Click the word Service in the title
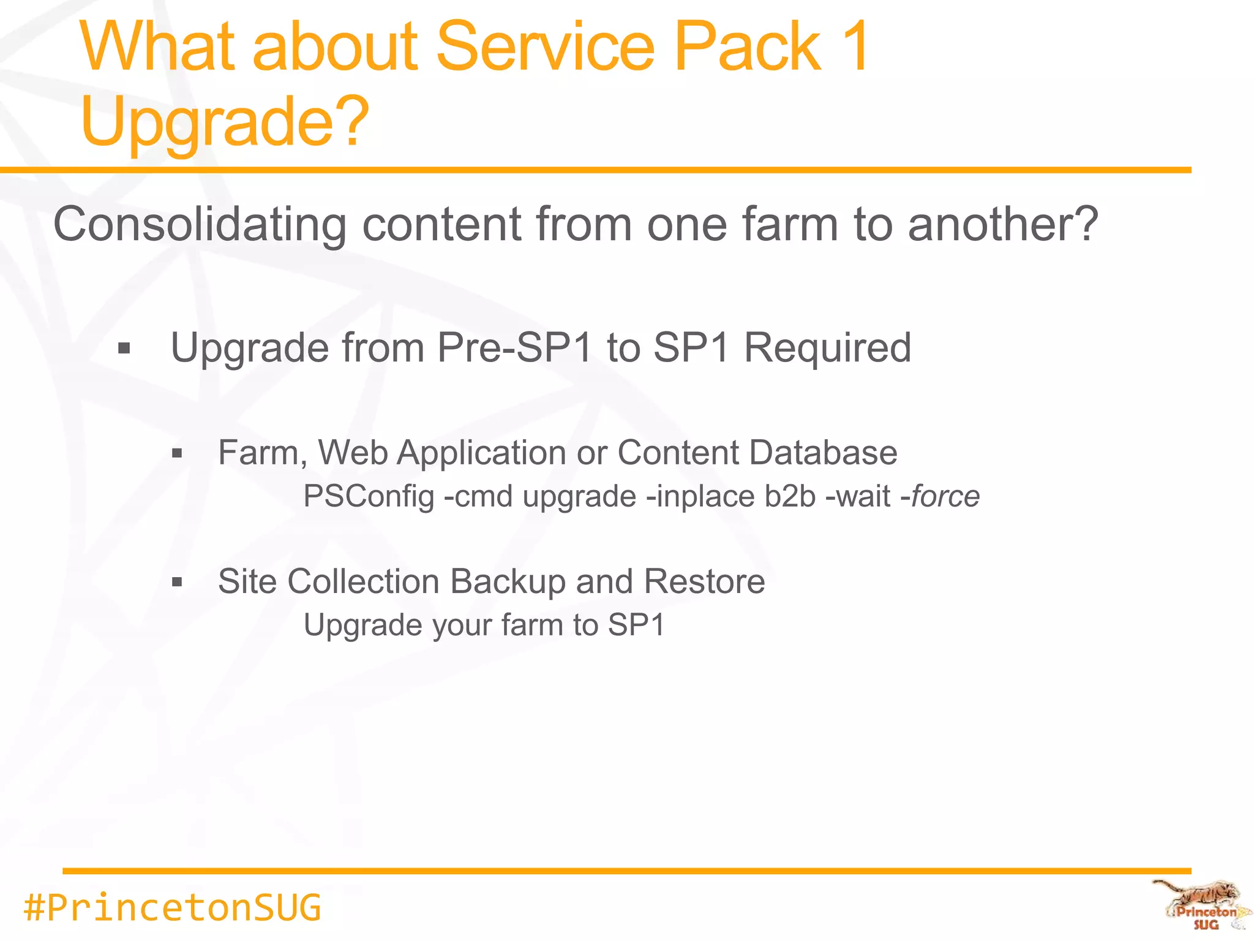(x=545, y=47)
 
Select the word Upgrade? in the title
(x=225, y=123)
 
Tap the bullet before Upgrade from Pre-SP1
(x=124, y=349)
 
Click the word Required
(x=827, y=348)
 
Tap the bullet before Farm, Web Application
(x=178, y=454)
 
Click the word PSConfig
(x=369, y=497)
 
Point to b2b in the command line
(x=790, y=497)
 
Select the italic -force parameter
(x=940, y=497)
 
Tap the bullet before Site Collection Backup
(x=178, y=582)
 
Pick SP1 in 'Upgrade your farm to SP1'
(x=636, y=625)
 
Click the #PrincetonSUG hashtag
(x=172, y=908)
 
